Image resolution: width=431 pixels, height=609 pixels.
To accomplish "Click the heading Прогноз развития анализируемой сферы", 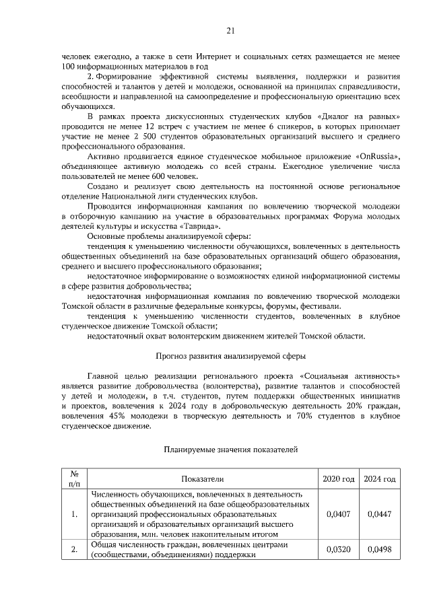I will (231, 355).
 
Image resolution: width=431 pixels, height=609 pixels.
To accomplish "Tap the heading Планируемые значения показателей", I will (231, 447).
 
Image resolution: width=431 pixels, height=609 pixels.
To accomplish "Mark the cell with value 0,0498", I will (379, 550).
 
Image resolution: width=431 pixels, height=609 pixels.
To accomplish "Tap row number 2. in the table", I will (74, 550).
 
